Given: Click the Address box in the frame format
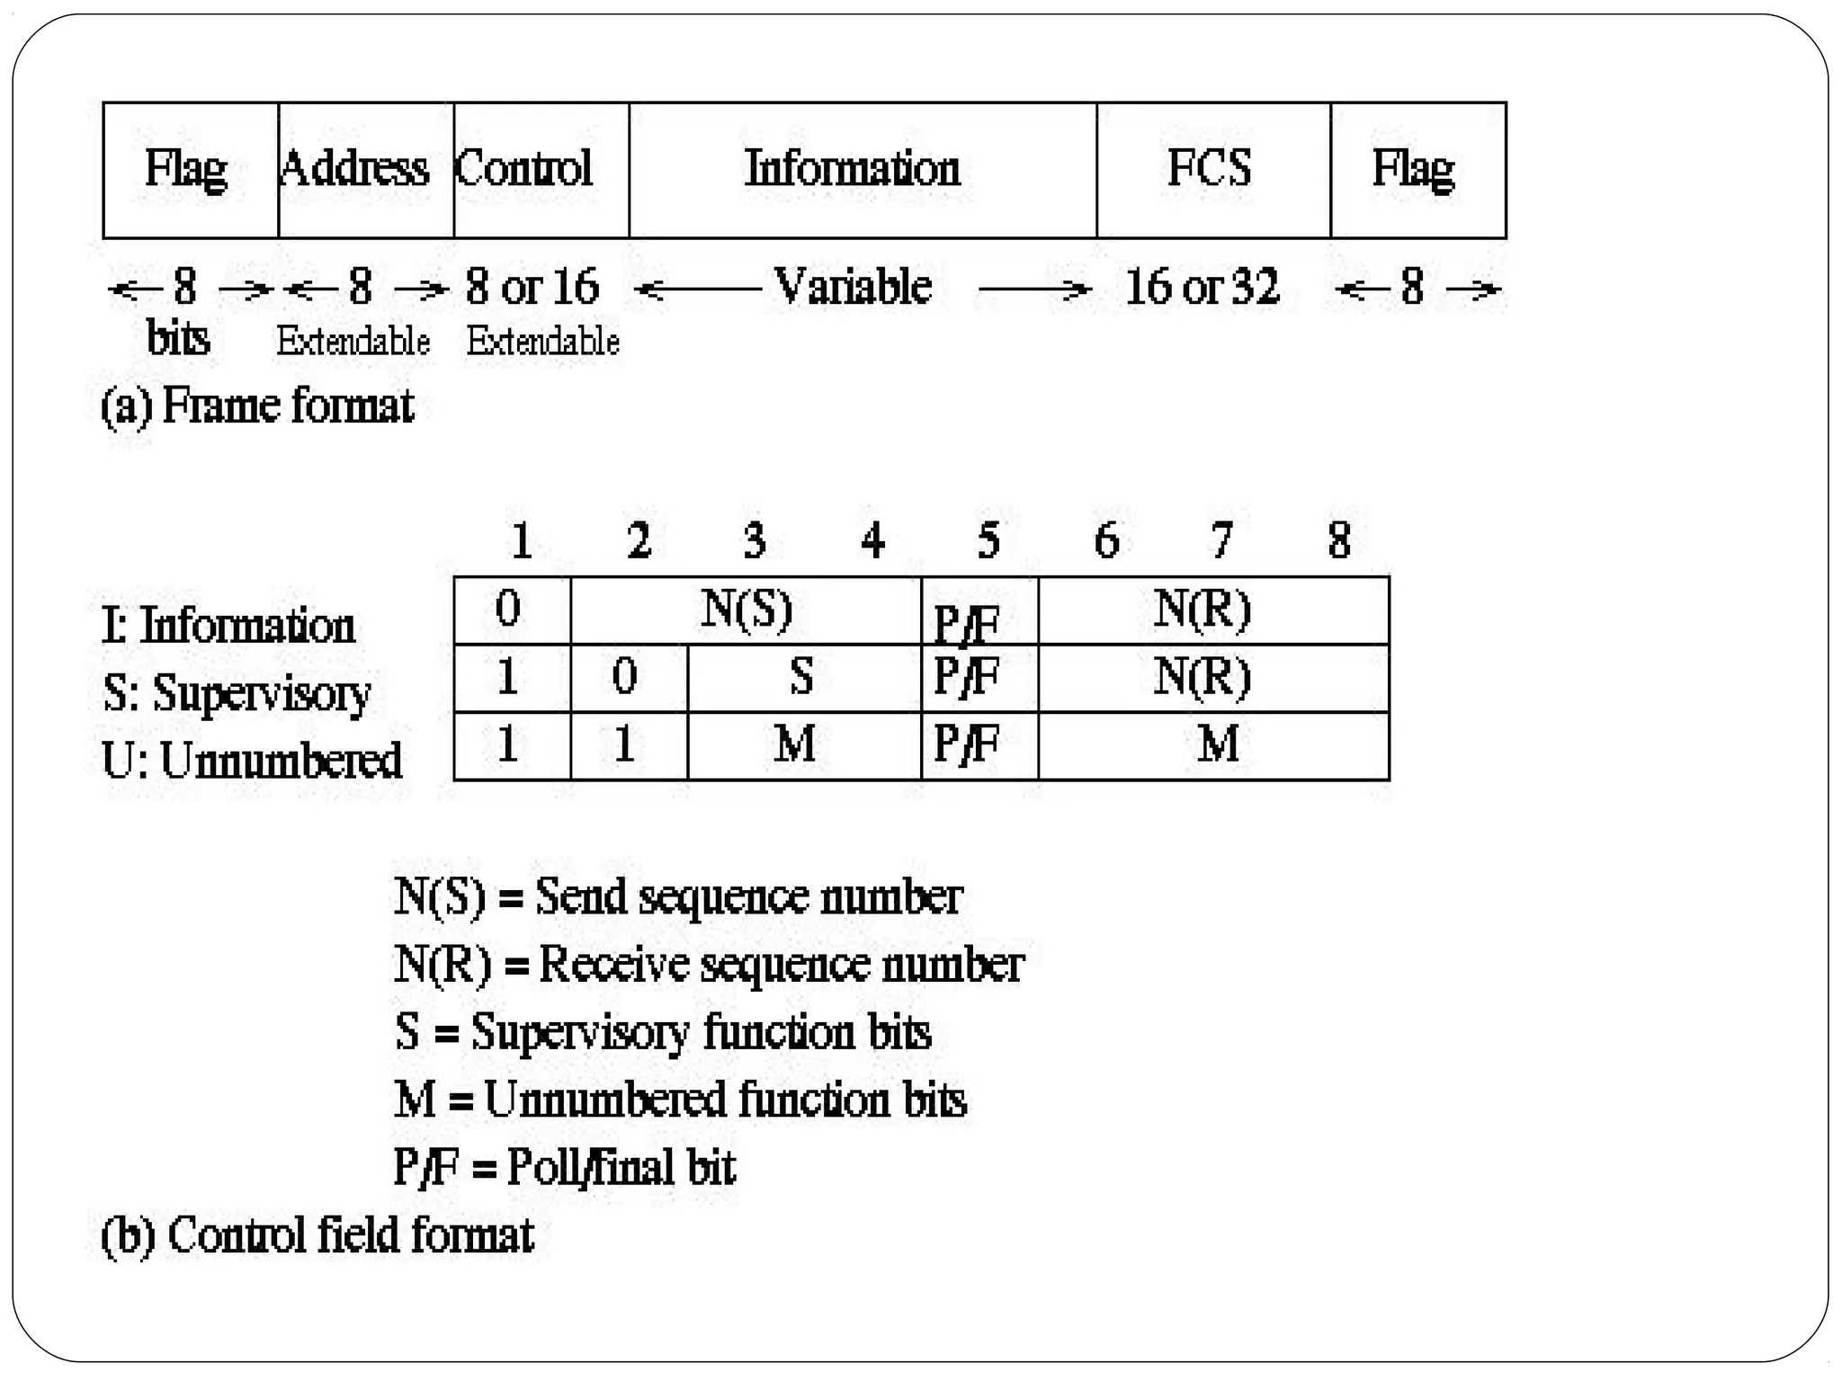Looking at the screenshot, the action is pos(366,170).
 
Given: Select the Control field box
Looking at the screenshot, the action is pos(541,170).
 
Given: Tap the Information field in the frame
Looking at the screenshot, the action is pos(862,170).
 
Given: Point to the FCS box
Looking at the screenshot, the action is pos(1212,170).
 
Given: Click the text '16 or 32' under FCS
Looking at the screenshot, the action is pos(1202,288).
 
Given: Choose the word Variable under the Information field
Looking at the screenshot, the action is pos(853,288).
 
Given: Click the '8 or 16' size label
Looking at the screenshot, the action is pos(532,288).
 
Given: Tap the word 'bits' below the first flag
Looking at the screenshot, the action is pos(178,339).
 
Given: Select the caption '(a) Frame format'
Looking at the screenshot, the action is pos(257,405).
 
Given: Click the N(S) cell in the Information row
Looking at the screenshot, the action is pos(746,610).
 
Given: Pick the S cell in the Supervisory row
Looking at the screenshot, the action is pos(802,677).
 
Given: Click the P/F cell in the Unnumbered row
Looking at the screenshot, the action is pos(968,744).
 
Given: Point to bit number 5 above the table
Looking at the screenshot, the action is pos(988,540).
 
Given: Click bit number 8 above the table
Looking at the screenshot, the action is pos(1339,540).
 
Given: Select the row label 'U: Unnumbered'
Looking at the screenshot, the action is pos(252,761).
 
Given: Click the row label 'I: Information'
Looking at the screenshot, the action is pos(228,626).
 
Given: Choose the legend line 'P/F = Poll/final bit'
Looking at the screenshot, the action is pos(564,1168).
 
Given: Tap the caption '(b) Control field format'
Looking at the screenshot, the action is pos(317,1235).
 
